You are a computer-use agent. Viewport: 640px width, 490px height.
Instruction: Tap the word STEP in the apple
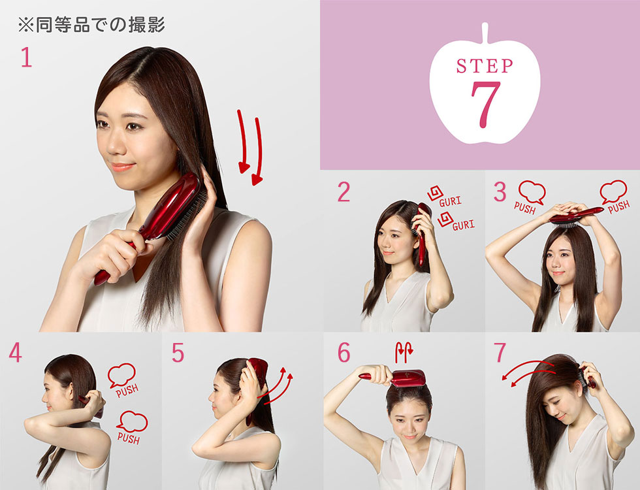(x=485, y=66)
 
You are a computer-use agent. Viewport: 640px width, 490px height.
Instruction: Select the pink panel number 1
(x=26, y=58)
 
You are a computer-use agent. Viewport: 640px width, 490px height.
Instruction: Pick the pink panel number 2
(x=344, y=192)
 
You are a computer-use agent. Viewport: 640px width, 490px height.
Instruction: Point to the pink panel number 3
(x=500, y=192)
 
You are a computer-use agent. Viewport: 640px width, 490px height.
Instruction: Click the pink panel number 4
(x=15, y=353)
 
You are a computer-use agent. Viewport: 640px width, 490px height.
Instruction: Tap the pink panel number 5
(x=178, y=353)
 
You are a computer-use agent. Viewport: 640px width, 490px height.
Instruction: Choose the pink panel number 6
(x=344, y=353)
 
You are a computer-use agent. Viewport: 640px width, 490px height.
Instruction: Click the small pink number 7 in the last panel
(x=500, y=353)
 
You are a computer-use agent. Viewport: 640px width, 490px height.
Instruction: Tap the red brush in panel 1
(x=157, y=222)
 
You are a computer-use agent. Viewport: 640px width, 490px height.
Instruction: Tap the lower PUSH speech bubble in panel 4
(x=131, y=429)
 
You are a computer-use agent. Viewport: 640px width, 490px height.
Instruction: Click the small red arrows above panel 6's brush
(x=401, y=353)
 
